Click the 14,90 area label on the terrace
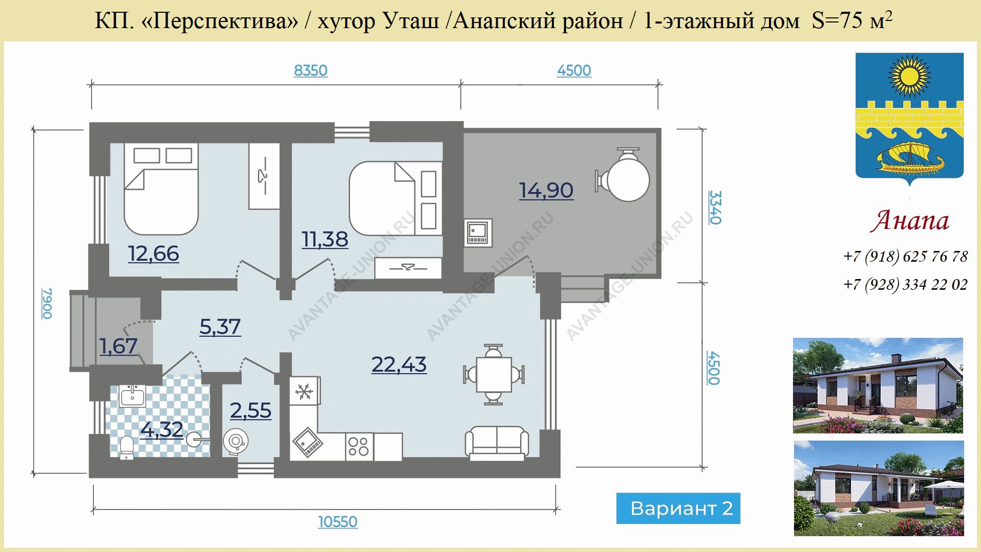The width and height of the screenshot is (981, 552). point(546,191)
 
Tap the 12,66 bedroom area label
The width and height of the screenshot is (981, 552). point(153,254)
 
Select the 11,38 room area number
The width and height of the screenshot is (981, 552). point(325,239)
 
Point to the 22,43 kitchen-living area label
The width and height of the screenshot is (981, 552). point(399,364)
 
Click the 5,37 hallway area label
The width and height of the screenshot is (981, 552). point(220,327)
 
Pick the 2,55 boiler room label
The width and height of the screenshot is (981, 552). point(250,410)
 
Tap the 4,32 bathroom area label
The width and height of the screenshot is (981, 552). point(162,430)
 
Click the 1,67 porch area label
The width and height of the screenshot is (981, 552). point(119,347)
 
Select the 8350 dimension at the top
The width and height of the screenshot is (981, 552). point(311,71)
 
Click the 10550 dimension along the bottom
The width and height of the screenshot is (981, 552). point(338,522)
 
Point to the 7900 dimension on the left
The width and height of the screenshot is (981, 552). point(47,304)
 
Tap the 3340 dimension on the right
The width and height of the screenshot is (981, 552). point(715,207)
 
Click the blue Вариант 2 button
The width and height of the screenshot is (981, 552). point(678,508)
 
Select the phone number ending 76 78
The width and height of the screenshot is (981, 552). point(905,256)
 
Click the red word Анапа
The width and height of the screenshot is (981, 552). point(910,221)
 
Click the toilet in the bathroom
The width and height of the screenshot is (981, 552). point(126,447)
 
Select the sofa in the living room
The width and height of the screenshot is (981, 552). point(497,442)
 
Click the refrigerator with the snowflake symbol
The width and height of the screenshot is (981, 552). point(305,392)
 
